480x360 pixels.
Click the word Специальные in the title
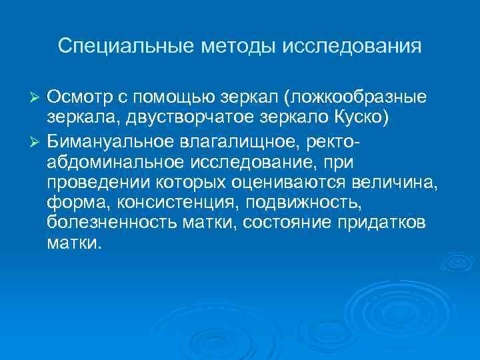(x=117, y=46)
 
